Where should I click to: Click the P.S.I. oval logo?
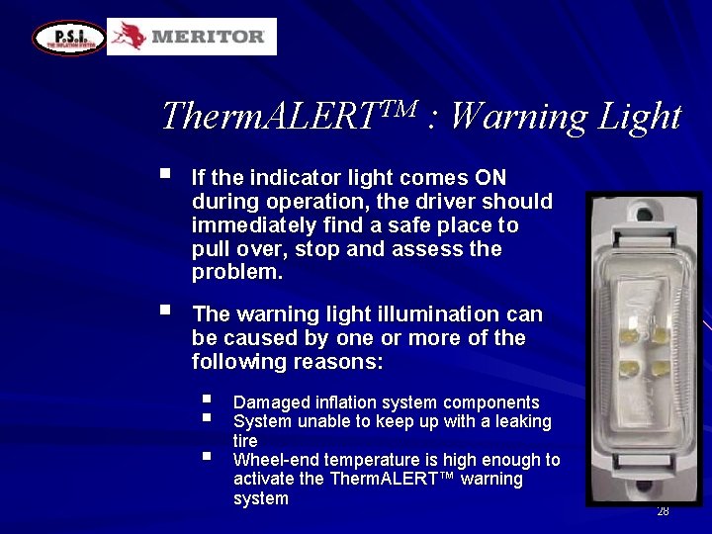68,38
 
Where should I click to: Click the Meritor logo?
192,37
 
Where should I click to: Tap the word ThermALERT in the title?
288,117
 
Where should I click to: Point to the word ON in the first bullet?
489,178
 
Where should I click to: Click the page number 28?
663,511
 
